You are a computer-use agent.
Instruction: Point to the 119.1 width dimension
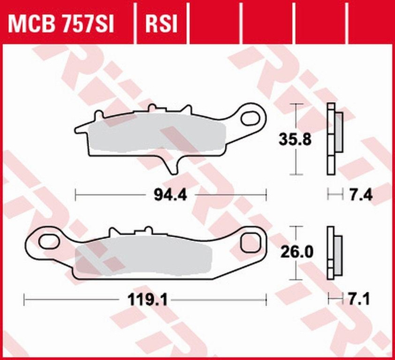pyautogui.click(x=144, y=297)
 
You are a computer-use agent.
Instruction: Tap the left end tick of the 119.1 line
pyautogui.click(x=23, y=297)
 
